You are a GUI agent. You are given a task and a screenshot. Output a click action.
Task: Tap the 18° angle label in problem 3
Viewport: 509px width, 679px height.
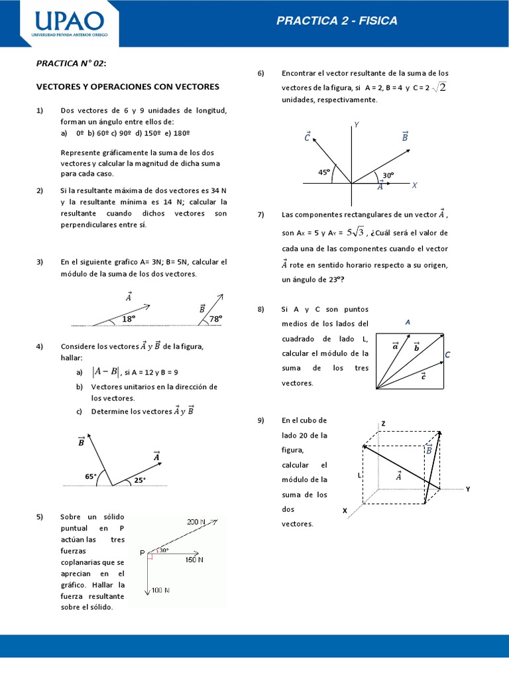pos(129,319)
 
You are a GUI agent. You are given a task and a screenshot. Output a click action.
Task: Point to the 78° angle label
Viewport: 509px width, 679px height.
pos(215,319)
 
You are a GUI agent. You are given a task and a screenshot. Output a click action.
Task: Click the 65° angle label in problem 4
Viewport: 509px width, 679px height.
pos(91,476)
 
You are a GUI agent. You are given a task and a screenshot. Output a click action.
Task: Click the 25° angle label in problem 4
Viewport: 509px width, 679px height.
pos(140,480)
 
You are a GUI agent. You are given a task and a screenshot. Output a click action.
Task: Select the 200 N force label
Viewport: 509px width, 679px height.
pos(196,521)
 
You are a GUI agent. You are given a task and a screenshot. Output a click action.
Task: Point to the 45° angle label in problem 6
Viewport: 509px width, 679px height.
pos(324,172)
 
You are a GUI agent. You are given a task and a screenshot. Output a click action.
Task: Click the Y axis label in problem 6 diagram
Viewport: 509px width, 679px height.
pos(357,125)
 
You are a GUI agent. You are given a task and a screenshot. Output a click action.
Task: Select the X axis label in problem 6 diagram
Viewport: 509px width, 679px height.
pos(414,186)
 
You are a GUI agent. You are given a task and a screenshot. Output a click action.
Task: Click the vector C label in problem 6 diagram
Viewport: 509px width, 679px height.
pos(307,137)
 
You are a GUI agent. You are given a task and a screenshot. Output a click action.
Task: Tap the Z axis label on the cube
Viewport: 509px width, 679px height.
pos(383,423)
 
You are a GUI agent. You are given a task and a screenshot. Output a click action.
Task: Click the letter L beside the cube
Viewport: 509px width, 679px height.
pos(359,475)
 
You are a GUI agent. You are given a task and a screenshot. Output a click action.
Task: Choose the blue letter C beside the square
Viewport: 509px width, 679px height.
pos(447,355)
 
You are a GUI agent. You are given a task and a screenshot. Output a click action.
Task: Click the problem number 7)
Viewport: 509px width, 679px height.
pos(260,215)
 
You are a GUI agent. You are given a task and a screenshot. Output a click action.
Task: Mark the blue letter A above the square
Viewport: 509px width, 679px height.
pos(408,322)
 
